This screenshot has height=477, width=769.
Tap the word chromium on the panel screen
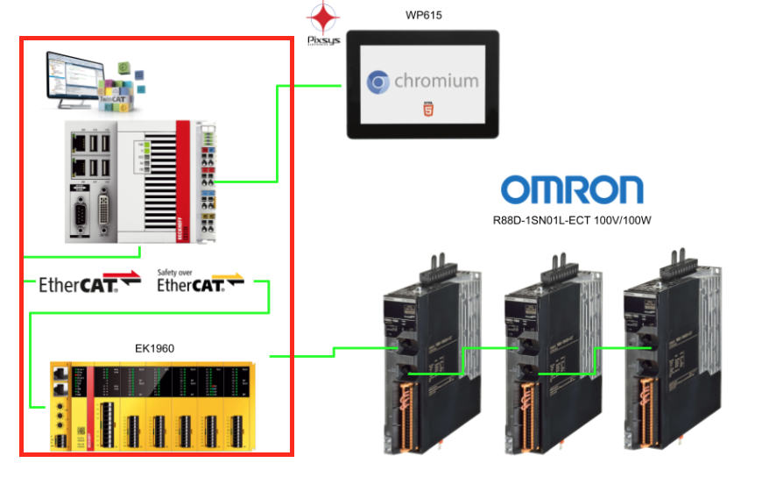(436, 82)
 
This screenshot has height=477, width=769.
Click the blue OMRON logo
(571, 189)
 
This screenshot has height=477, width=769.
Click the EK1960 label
(156, 348)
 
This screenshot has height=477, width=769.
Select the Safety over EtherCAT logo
(201, 281)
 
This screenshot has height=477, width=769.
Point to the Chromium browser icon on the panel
(379, 82)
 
